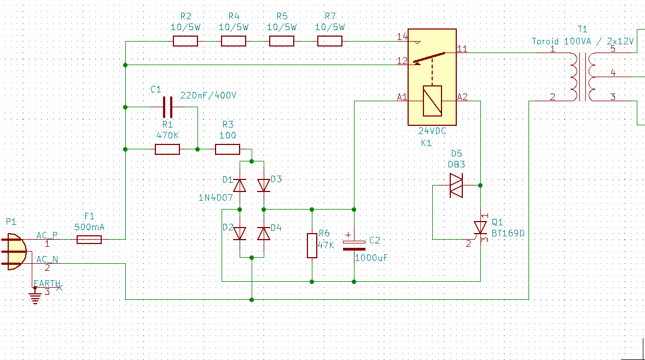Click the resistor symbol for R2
pos(185,41)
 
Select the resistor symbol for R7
pos(330,41)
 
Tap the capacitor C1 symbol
pos(168,107)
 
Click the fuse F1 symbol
pos(89,240)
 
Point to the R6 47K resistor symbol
pos(312,246)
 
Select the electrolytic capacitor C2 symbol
pos(354,245)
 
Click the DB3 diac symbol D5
pos(456,185)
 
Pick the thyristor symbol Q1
pos(480,228)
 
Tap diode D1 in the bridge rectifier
pos(240,185)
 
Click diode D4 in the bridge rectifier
pos(264,234)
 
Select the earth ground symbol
pos(36,296)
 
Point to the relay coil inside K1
pos(432,101)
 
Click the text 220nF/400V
pos(208,95)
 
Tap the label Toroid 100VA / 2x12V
pos(583,41)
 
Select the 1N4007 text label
pos(216,198)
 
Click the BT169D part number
pos(508,233)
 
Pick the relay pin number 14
pos(402,37)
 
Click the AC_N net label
pos(47,259)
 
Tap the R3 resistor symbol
pos(228,149)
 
